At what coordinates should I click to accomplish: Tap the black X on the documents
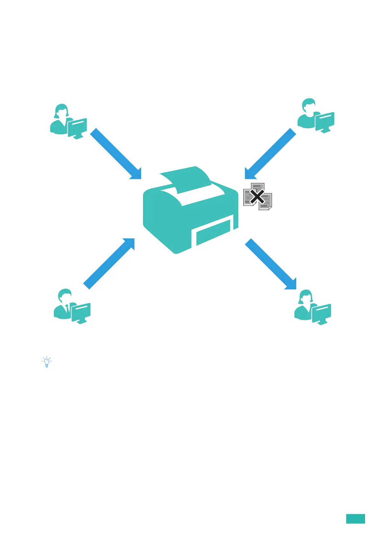(257, 197)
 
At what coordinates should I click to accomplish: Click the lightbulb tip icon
(47, 362)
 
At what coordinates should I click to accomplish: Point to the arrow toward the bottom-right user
(271, 264)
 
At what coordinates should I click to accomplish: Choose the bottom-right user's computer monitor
(322, 313)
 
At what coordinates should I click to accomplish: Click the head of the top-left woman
(61, 111)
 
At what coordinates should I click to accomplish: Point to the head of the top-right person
(309, 105)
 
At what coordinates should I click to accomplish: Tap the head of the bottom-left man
(65, 296)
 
